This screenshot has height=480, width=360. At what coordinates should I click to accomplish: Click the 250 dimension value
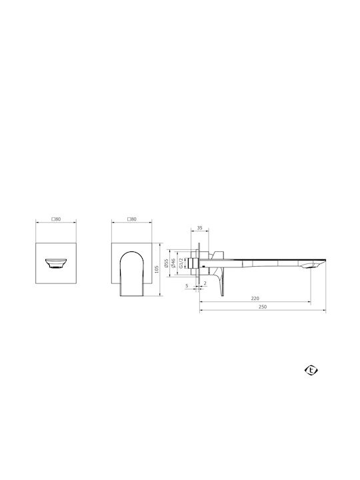[x=263, y=307]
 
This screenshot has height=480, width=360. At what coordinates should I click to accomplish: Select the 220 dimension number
[x=255, y=298]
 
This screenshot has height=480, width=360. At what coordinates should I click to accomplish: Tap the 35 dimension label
[x=199, y=228]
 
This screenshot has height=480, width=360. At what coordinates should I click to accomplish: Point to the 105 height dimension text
[x=157, y=269]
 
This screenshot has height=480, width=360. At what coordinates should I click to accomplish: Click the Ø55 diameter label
[x=166, y=263]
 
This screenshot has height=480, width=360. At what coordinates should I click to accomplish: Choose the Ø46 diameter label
[x=173, y=263]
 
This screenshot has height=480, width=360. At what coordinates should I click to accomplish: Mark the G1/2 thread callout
[x=181, y=263]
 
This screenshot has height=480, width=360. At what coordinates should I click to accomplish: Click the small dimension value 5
[x=187, y=286]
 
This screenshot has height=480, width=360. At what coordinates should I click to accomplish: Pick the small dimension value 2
[x=205, y=283]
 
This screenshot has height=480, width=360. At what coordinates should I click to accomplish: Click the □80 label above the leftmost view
[x=56, y=219]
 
